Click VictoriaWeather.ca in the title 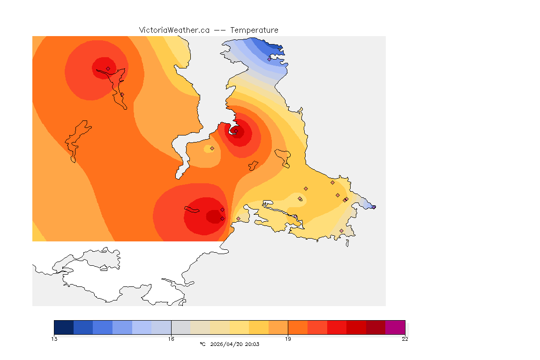174,30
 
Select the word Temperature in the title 254,30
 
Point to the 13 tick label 54,339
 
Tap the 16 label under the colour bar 171,339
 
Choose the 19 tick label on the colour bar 288,339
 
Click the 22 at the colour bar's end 405,339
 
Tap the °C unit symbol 202,344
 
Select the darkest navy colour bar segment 64,327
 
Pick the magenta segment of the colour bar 395,327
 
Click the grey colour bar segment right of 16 181,327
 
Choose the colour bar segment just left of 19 278,327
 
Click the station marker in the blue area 270,59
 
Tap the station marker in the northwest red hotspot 108,68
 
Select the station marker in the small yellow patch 212,148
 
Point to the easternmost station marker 374,207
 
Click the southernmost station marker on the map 341,231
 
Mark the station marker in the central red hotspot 236,131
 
